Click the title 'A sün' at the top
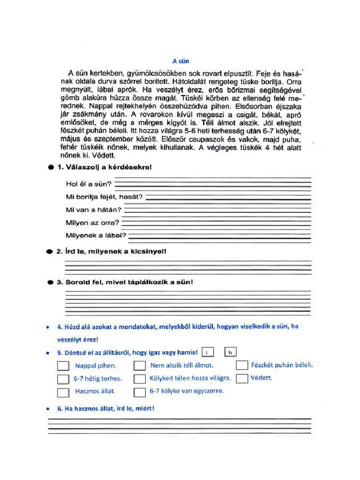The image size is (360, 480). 180,61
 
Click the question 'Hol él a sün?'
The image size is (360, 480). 89,183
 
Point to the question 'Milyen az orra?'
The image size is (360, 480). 93,223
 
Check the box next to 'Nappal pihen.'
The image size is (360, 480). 63,366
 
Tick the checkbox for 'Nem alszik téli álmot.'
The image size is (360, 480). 139,366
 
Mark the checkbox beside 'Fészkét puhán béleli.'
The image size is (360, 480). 241,365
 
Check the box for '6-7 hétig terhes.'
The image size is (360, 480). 63,379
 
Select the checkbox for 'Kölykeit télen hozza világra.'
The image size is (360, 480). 139,378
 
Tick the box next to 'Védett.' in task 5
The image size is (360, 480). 241,378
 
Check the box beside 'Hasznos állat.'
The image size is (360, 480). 63,392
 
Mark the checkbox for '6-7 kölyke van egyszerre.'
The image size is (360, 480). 139,392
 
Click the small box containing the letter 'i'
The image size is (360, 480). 209,352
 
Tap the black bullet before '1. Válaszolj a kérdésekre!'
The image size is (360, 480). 50,167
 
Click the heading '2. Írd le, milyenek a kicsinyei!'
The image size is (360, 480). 112,251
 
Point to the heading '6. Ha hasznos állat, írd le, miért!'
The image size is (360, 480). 105,408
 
